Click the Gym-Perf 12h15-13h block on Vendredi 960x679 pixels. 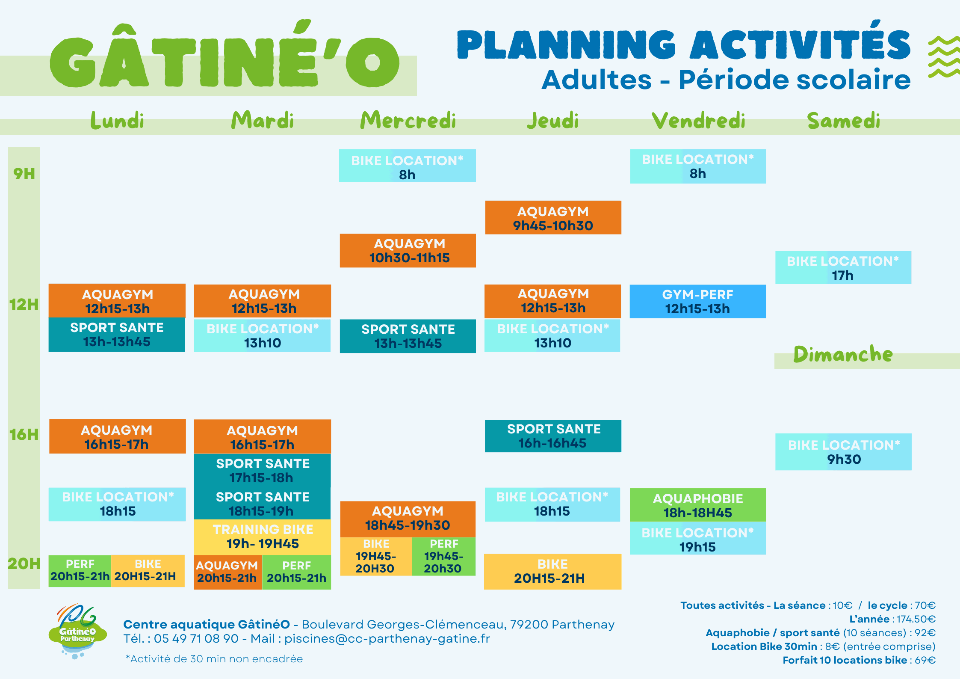[698, 302]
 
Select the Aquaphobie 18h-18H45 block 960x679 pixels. [698, 505]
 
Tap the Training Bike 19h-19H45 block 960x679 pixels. [262, 537]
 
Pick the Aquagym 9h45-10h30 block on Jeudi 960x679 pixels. [553, 217]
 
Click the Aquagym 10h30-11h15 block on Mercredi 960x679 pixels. [408, 251]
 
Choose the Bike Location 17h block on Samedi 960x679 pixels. [843, 267]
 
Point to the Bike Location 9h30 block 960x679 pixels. [843, 452]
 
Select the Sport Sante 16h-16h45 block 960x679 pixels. [553, 436]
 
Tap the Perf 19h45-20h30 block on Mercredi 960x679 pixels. [443, 556]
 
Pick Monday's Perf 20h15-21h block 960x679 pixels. [80, 571]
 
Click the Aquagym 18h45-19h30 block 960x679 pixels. [408, 519]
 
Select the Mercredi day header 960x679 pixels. [408, 120]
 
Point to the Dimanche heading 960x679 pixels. [843, 354]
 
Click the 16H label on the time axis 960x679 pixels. [24, 435]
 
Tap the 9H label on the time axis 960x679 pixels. [24, 174]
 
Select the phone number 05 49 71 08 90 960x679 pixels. [196, 638]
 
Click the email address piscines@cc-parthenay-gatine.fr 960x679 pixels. [387, 639]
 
